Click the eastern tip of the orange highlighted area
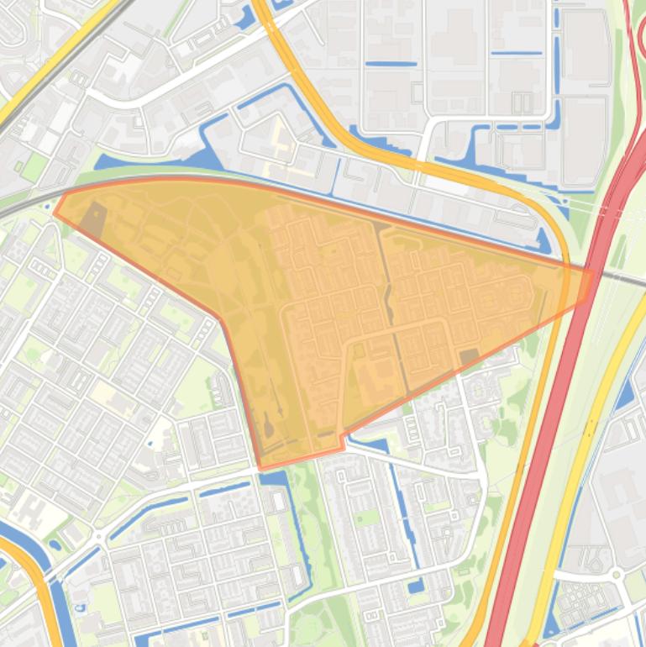[x=591, y=271]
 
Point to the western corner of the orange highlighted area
[x=55, y=212]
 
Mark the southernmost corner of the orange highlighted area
[x=261, y=467]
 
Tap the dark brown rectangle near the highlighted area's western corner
[x=92, y=218]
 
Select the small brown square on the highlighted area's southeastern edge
[x=469, y=358]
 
